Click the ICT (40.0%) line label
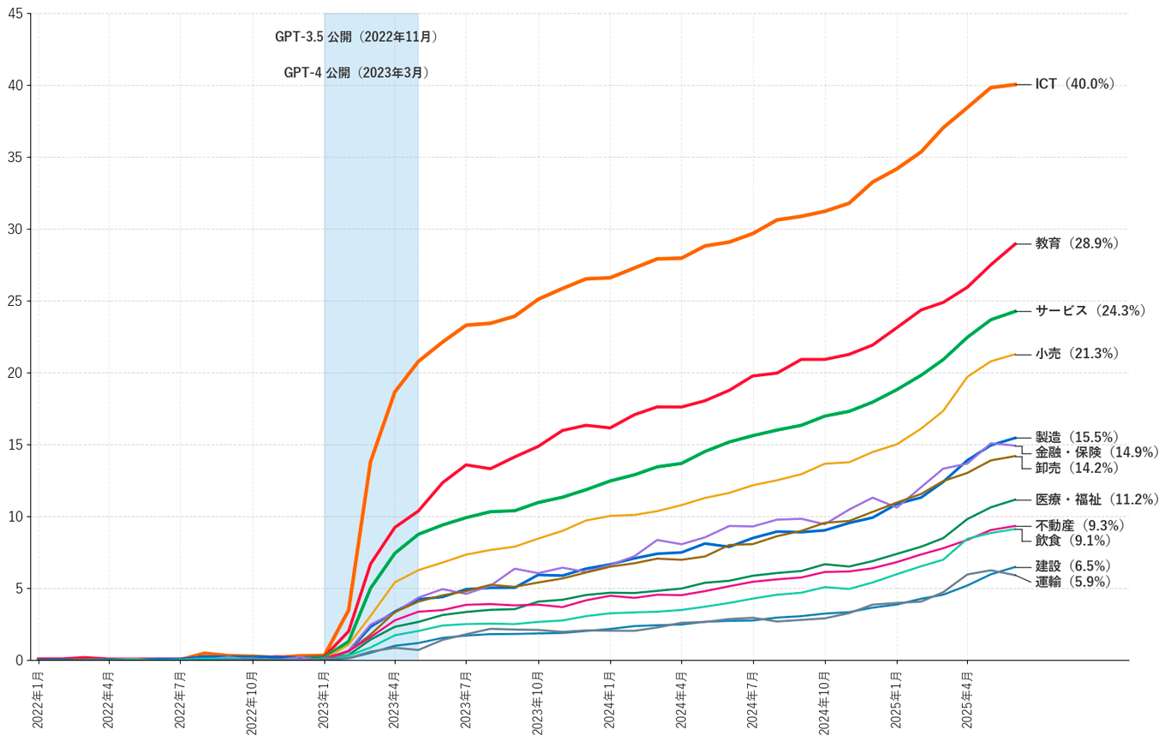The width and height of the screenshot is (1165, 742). [x=1074, y=84]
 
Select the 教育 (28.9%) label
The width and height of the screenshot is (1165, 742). [x=1077, y=243]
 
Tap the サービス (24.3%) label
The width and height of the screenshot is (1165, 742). [x=1090, y=311]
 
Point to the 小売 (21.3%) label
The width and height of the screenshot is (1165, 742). [x=1077, y=353]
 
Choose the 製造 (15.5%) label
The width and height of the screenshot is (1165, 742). [x=1077, y=437]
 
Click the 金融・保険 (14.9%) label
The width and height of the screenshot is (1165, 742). [x=1096, y=452]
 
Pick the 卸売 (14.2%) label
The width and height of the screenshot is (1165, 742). [x=1077, y=468]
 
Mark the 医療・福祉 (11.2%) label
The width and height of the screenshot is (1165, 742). [x=1096, y=499]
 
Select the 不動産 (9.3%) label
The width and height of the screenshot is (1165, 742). [x=1079, y=525]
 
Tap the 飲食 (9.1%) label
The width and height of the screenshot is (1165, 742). [x=1072, y=541]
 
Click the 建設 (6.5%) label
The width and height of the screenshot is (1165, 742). [x=1072, y=566]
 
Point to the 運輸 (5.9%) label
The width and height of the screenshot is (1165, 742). [x=1072, y=582]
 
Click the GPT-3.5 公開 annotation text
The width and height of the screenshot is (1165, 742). [x=356, y=37]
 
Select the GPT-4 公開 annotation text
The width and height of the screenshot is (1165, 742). [x=356, y=73]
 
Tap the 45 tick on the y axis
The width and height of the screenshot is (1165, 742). [x=16, y=14]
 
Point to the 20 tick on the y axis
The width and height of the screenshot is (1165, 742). [x=16, y=373]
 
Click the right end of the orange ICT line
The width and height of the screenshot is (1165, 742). [x=1015, y=84]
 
